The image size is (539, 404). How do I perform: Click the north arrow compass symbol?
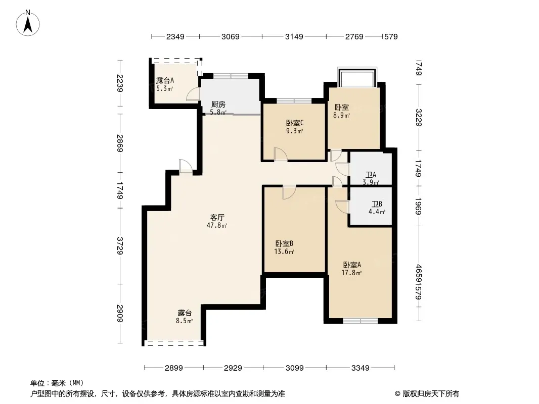tap(28, 23)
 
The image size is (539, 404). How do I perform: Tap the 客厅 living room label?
tap(217, 217)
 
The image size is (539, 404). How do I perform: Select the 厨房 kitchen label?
tap(218, 105)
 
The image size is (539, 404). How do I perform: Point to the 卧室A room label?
tap(352, 265)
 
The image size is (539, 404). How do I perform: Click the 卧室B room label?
tap(284, 244)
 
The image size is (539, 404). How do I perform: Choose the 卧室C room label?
tap(295, 123)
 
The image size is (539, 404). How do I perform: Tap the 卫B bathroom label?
tap(377, 204)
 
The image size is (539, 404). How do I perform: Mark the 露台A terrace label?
tap(165, 81)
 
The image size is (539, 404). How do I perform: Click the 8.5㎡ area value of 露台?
tap(184, 321)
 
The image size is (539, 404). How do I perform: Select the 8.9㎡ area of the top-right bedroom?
tap(341, 115)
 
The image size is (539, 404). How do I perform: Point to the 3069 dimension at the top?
tap(230, 36)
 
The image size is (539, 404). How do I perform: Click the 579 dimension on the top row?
tap(391, 36)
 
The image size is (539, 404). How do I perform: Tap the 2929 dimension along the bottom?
tap(233, 368)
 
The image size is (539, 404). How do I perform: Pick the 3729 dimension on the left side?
tap(120, 246)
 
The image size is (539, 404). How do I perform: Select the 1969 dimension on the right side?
tap(418, 206)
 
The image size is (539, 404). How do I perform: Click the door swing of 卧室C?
tap(281, 154)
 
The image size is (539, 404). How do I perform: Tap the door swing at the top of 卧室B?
tap(289, 192)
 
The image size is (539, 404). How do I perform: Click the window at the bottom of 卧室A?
tap(360, 321)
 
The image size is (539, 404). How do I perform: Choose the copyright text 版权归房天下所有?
tap(431, 394)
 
